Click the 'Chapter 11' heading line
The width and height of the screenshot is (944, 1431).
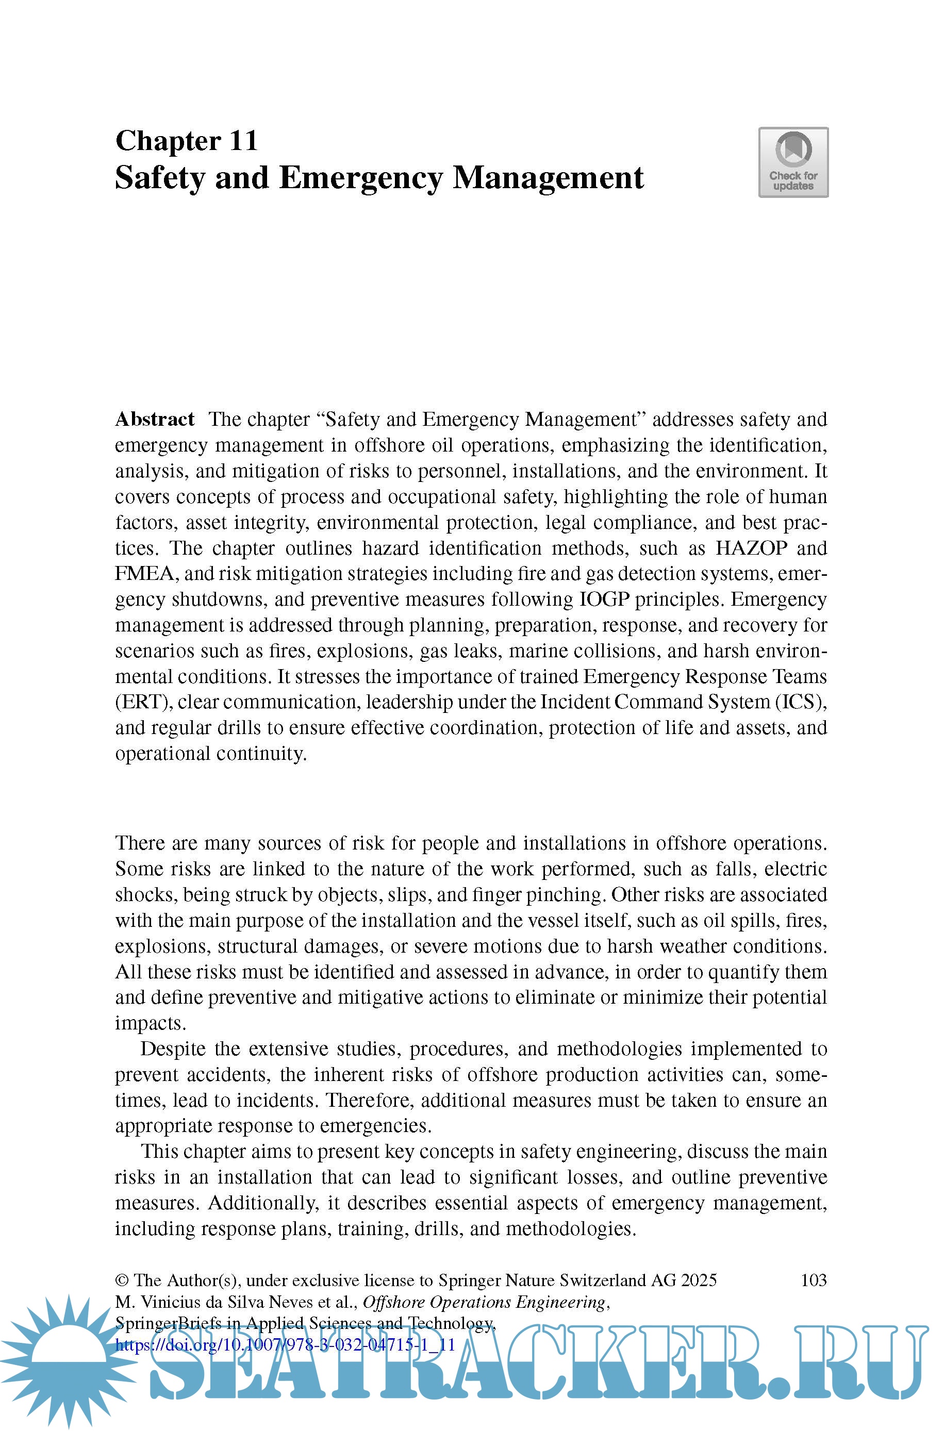click(x=187, y=141)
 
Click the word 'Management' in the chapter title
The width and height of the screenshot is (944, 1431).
click(x=548, y=178)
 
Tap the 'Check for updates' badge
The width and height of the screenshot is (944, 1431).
click(x=793, y=162)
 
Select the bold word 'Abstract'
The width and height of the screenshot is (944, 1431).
click(x=155, y=419)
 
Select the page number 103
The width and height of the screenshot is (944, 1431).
click(x=814, y=1280)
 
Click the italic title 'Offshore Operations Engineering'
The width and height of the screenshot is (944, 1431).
click(x=484, y=1302)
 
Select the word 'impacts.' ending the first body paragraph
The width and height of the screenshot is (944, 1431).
click(x=151, y=1024)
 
